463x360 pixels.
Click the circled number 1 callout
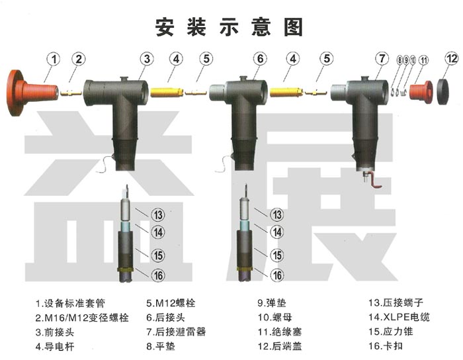(54, 60)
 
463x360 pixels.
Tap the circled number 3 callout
(147, 59)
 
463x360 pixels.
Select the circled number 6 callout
(260, 59)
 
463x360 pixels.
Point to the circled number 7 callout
(382, 58)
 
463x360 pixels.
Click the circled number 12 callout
(452, 59)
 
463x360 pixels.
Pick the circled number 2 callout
(79, 60)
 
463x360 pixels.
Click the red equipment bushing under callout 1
(32, 93)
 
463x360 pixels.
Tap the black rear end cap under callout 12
(442, 91)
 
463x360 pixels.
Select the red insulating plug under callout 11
(421, 92)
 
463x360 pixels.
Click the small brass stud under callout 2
(71, 93)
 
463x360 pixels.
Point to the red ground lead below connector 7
(374, 181)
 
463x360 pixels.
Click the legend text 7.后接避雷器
(176, 332)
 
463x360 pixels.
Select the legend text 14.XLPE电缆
(399, 317)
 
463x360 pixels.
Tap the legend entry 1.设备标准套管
(70, 303)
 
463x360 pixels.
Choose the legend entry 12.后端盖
(280, 346)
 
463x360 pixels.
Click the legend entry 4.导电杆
(55, 346)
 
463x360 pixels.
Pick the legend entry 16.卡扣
(386, 346)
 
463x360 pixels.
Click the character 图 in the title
(293, 27)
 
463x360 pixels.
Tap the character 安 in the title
(165, 27)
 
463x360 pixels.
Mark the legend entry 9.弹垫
(272, 303)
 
